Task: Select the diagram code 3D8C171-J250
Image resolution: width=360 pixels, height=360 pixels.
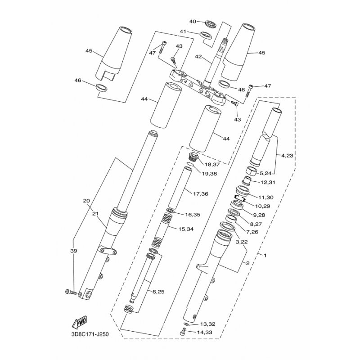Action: point(90,334)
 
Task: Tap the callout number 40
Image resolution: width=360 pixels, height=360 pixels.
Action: point(193,21)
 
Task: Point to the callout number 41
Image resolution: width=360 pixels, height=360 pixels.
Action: point(183,31)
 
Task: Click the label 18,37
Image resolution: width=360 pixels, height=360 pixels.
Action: point(212,165)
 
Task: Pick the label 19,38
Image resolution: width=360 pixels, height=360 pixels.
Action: point(209,174)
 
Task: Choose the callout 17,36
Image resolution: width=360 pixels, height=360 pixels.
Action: point(200,194)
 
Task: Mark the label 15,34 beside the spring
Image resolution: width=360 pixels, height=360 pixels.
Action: point(185,229)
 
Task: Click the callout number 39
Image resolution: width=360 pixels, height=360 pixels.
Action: point(74,251)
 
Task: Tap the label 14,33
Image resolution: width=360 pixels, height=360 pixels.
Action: point(204,332)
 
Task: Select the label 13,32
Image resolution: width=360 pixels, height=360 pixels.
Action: point(207,324)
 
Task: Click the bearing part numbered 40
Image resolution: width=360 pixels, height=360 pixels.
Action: point(211,24)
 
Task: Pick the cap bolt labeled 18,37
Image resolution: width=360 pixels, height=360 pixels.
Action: point(193,156)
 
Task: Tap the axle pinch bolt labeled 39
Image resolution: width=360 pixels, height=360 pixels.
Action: point(71,292)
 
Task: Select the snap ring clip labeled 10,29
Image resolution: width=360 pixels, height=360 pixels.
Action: point(240,198)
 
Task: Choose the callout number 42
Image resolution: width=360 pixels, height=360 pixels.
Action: point(198,57)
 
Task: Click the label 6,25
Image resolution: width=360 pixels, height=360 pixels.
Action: point(158,292)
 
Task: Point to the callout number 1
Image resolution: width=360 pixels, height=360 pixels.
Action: point(265,255)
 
